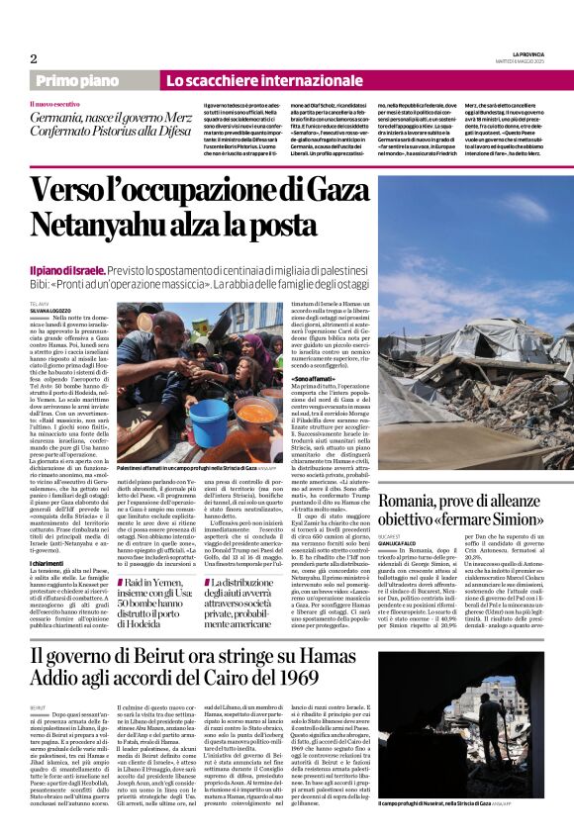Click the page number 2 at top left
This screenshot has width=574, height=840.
(x=33, y=58)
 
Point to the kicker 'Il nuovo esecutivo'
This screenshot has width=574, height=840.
(x=56, y=103)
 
